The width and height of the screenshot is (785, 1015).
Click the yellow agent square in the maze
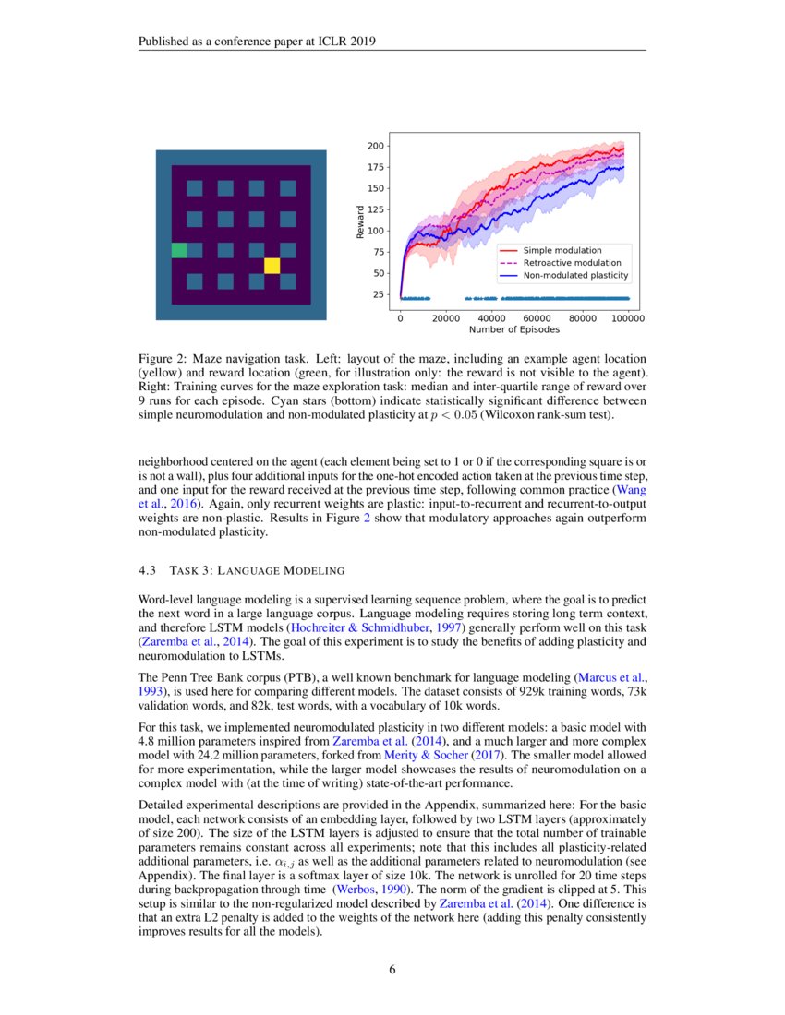coord(272,266)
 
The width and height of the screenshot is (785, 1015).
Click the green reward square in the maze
coord(179,250)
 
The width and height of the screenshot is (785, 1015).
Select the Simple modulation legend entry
coord(562,250)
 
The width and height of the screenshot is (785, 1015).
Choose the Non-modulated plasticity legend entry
coord(575,275)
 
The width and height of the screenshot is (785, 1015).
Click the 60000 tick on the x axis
coord(537,317)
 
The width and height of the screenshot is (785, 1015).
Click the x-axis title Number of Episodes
coord(514,329)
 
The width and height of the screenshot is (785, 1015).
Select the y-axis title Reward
coord(359,222)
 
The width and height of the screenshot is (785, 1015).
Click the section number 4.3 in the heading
coord(148,569)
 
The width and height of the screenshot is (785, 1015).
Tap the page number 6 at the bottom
coord(392,969)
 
